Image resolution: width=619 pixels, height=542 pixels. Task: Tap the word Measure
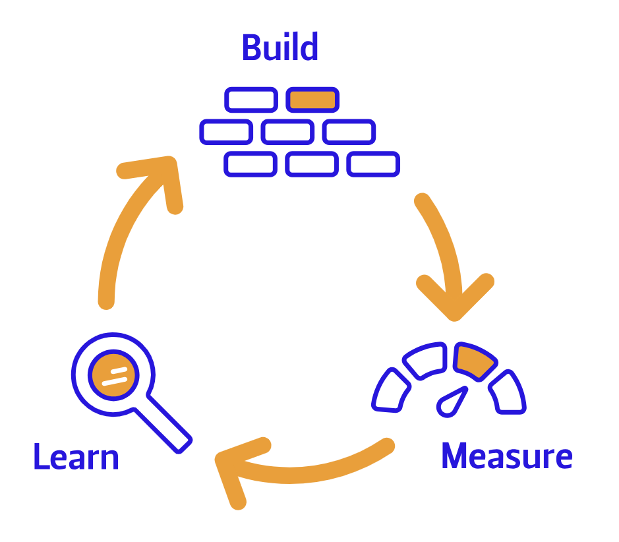pyautogui.click(x=506, y=456)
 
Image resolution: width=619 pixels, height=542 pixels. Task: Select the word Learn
pyautogui.click(x=76, y=457)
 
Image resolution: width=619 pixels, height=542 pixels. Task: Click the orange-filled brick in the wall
pyautogui.click(x=312, y=100)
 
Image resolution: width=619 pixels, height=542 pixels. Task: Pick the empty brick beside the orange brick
pyautogui.click(x=251, y=100)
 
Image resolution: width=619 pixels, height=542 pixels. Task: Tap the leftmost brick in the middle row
pyautogui.click(x=226, y=132)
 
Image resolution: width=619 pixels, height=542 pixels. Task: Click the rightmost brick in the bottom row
pyautogui.click(x=373, y=164)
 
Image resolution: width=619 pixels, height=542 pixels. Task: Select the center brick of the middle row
pyautogui.click(x=287, y=132)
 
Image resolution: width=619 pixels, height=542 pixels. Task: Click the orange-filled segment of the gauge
pyautogui.click(x=474, y=360)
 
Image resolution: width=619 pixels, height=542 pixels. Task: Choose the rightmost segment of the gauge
pyautogui.click(x=507, y=392)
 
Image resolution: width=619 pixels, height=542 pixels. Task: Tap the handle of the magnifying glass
pyautogui.click(x=164, y=425)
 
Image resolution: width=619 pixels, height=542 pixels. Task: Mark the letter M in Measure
pyautogui.click(x=456, y=456)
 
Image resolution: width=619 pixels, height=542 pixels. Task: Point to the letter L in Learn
pyautogui.click(x=41, y=457)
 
